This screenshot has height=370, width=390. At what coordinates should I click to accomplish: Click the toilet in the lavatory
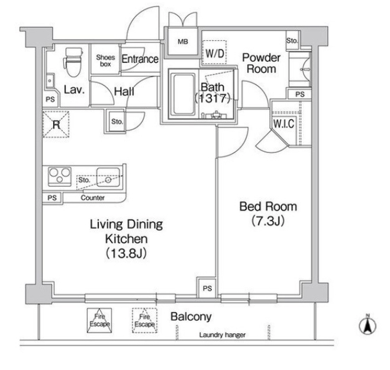tap(73, 62)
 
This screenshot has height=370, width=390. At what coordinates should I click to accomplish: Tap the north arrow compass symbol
tap(368, 325)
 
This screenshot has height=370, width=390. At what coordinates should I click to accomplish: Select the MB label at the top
tap(183, 42)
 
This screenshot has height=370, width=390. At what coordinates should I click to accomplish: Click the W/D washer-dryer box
tap(214, 53)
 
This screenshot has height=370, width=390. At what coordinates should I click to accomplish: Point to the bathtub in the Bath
tap(184, 94)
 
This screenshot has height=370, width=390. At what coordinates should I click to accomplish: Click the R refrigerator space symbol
tap(56, 124)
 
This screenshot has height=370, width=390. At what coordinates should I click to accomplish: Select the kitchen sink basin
tap(108, 177)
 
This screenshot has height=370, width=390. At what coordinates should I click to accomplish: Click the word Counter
tap(92, 198)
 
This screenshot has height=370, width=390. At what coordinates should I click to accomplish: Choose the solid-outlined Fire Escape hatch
tap(99, 320)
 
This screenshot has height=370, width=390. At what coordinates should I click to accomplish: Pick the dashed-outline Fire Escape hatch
tap(144, 320)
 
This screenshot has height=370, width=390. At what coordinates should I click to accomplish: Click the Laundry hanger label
tap(223, 335)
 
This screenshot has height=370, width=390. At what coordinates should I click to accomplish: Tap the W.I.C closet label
tap(283, 124)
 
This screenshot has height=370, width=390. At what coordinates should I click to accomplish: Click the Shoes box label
tap(105, 60)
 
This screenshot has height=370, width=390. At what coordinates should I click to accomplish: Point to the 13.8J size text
tap(126, 253)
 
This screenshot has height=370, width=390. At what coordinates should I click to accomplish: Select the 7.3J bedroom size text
tap(268, 221)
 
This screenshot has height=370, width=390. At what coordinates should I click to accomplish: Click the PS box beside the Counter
tap(52, 198)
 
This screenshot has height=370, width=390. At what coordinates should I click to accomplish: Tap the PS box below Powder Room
tap(299, 94)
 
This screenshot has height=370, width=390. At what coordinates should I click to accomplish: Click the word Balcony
tap(191, 317)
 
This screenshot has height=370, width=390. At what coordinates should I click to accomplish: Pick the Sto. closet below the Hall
tap(117, 122)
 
